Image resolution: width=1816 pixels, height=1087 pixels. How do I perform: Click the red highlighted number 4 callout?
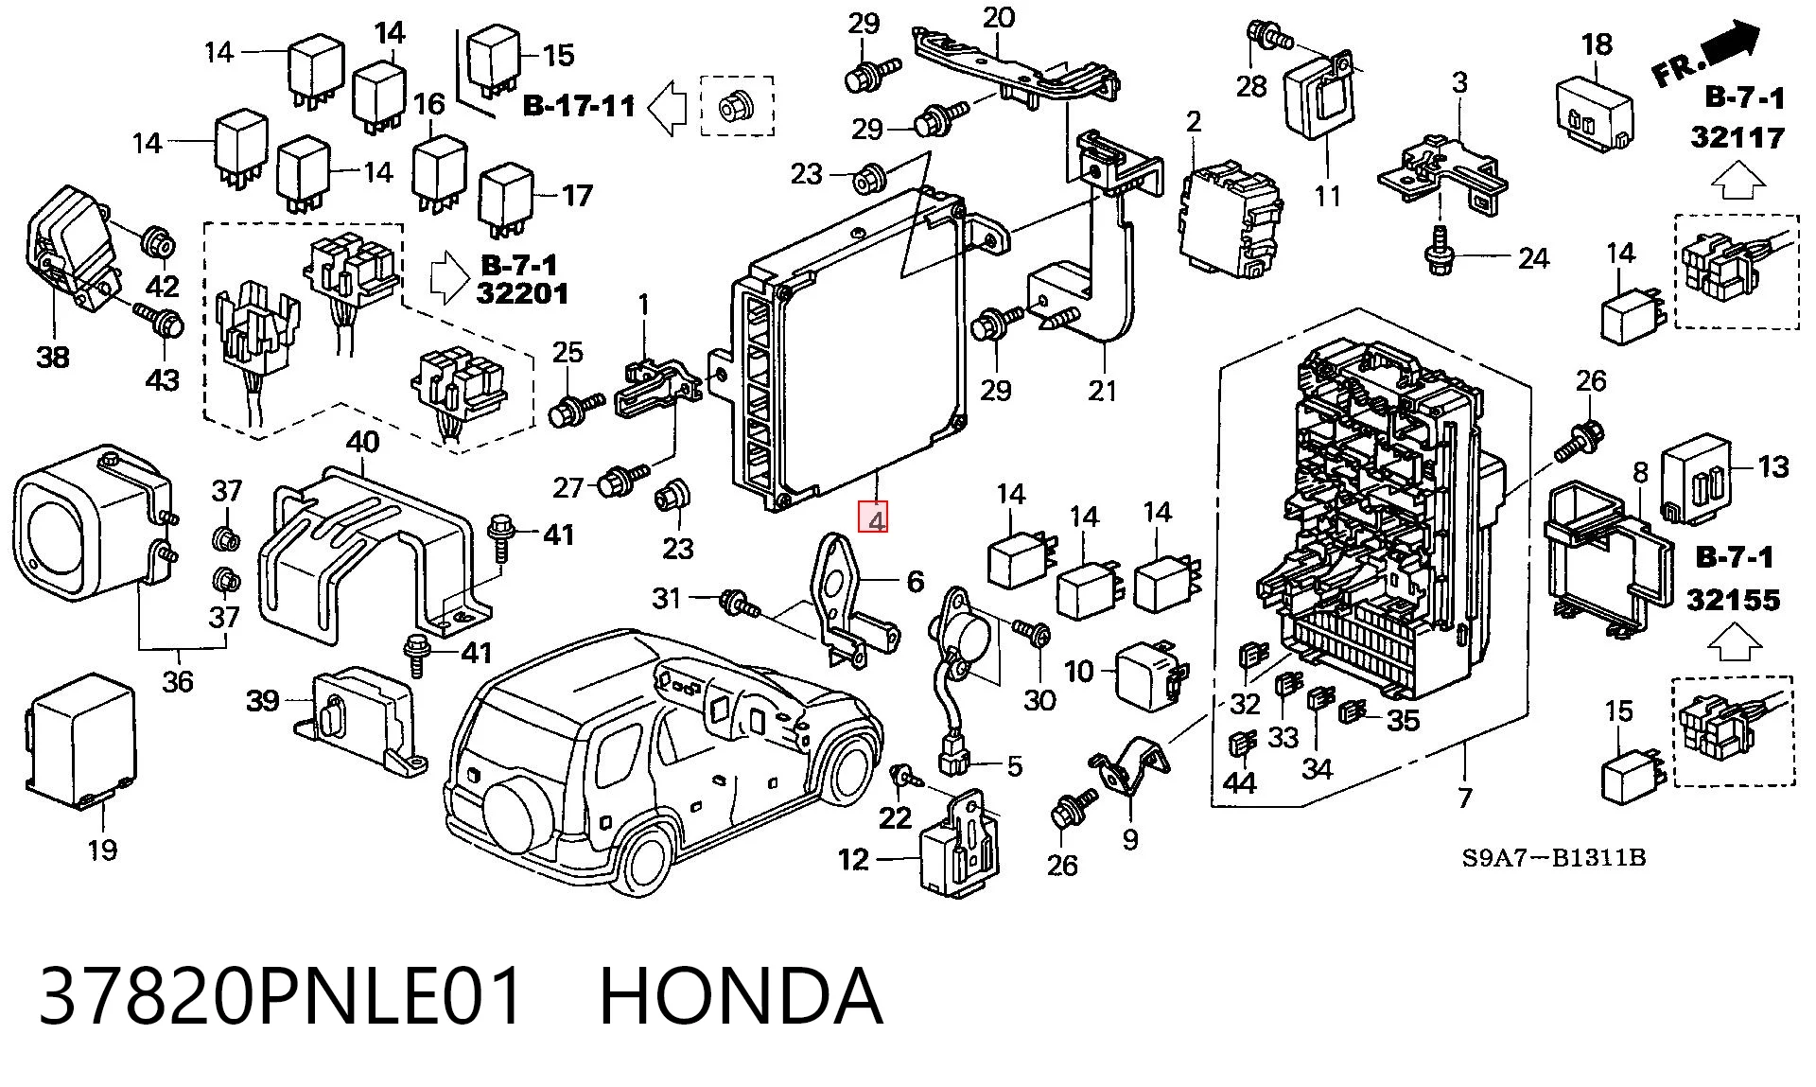[876, 519]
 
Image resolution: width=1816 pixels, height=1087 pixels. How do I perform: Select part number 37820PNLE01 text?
[281, 996]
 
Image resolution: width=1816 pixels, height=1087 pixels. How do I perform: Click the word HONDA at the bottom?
[741, 996]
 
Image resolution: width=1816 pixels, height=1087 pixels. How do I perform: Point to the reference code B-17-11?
[579, 105]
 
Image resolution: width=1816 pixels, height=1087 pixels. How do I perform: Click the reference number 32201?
[523, 293]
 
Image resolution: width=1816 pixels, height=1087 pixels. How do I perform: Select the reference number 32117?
[1737, 138]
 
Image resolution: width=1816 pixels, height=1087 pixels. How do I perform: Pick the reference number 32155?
[1733, 600]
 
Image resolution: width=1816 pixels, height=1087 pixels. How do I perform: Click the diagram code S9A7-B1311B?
[1553, 858]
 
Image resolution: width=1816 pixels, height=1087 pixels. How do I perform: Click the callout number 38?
[53, 358]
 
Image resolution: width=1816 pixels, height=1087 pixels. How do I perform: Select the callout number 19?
[102, 850]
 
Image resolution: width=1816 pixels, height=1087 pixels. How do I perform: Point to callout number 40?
[362, 442]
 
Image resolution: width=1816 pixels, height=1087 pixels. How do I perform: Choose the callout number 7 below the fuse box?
[1465, 798]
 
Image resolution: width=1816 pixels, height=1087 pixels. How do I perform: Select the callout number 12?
[853, 859]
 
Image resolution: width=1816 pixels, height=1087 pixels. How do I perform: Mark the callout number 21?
[1103, 391]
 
